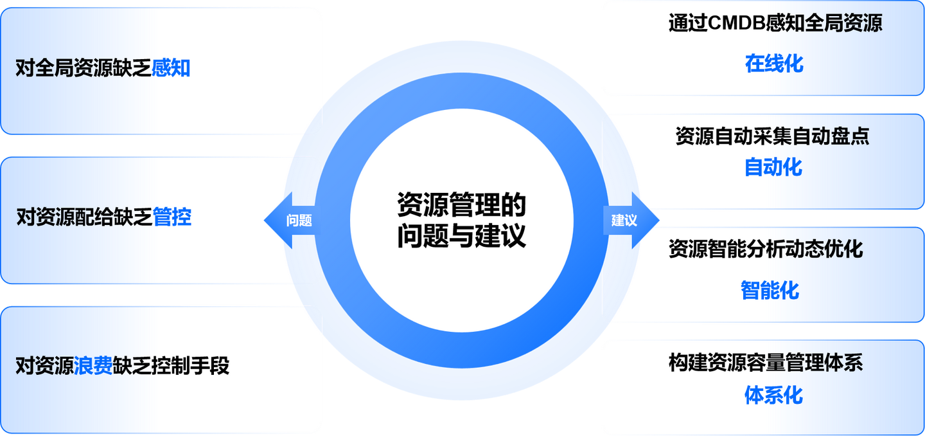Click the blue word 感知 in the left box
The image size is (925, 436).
tap(171, 68)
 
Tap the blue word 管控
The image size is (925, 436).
tap(172, 217)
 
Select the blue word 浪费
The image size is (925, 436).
tap(93, 366)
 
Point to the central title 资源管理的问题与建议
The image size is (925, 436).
tap(461, 221)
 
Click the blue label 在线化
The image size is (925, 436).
tap(774, 64)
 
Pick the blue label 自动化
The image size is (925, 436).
tap(773, 167)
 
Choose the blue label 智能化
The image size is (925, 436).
tap(770, 290)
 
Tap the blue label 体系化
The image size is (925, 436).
tap(773, 394)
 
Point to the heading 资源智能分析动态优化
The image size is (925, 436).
tap(766, 249)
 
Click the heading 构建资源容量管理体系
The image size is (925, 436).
tap(766, 363)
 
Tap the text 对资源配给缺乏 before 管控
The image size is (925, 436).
tap(84, 217)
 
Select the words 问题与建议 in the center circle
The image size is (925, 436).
tap(461, 237)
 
